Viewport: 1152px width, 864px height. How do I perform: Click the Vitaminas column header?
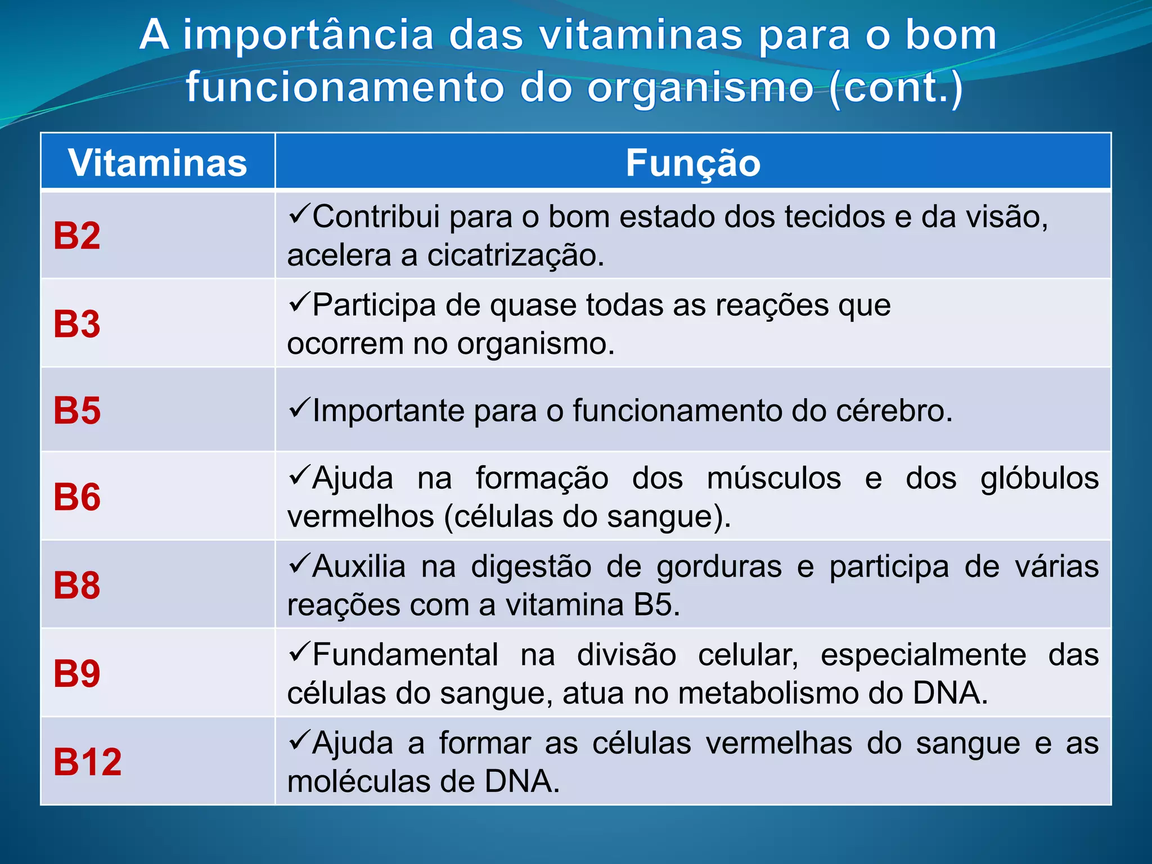click(x=157, y=163)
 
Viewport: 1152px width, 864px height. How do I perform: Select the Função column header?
click(x=693, y=163)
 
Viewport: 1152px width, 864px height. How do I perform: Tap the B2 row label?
click(x=77, y=236)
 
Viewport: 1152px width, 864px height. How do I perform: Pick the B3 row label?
click(x=77, y=324)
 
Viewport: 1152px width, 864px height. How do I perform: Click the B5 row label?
click(x=77, y=410)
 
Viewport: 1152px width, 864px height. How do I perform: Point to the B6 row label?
click(x=77, y=497)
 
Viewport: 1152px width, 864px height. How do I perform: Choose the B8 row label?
click(x=77, y=585)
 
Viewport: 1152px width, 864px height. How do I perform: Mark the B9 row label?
click(x=77, y=673)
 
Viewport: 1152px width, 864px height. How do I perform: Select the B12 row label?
click(x=87, y=762)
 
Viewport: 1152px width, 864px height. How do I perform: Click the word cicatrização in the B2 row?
click(x=515, y=256)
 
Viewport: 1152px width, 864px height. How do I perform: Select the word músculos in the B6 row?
click(x=773, y=479)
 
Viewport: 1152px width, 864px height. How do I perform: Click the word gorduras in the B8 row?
click(x=719, y=567)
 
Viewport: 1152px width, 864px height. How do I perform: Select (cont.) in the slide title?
click(x=896, y=88)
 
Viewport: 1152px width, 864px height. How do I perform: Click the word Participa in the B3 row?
click(x=373, y=305)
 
